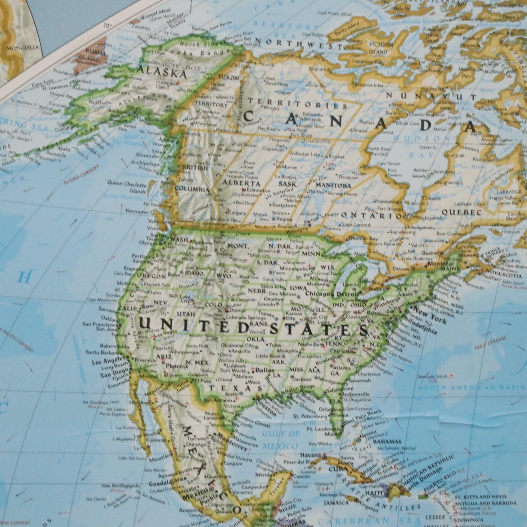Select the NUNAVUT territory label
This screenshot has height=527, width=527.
pos(431,97)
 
